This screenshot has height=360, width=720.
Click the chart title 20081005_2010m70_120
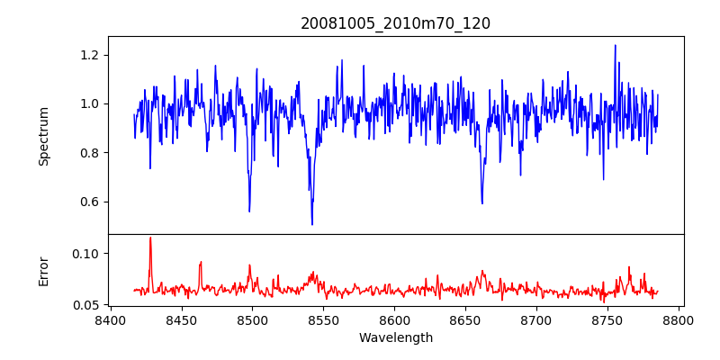[x=395, y=23]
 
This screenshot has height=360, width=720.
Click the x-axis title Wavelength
[x=395, y=337]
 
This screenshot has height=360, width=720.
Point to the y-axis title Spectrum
[x=43, y=136]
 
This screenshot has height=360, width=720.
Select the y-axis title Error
[x=43, y=270]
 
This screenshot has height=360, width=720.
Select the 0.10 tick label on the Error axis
[x=87, y=254]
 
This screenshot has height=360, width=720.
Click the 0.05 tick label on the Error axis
[x=87, y=305]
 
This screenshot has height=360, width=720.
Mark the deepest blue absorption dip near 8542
[x=312, y=224]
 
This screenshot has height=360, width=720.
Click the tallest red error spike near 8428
[x=150, y=238]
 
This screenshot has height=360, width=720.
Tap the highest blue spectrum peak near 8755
[x=616, y=45]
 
